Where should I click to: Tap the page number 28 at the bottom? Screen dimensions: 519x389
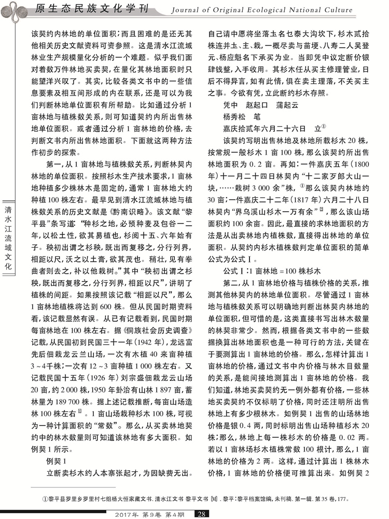[202, 514]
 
